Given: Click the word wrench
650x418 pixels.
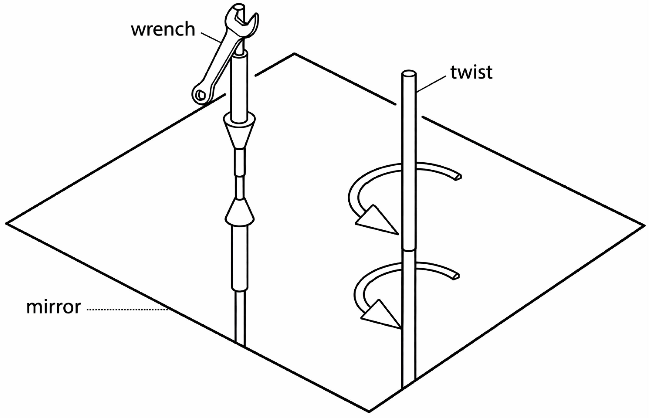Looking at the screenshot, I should click(x=163, y=30).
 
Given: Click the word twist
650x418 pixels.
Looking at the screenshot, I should click(x=471, y=73).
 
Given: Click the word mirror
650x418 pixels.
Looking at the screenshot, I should click(x=54, y=307).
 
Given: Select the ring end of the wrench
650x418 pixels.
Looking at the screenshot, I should click(x=201, y=95).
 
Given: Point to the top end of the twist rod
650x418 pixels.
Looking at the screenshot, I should click(x=409, y=74).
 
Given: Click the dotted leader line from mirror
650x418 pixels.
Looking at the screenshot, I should click(x=128, y=309).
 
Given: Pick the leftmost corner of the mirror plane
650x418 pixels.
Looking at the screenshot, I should click(x=7, y=223).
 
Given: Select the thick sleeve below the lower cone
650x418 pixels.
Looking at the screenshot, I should click(x=240, y=258).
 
